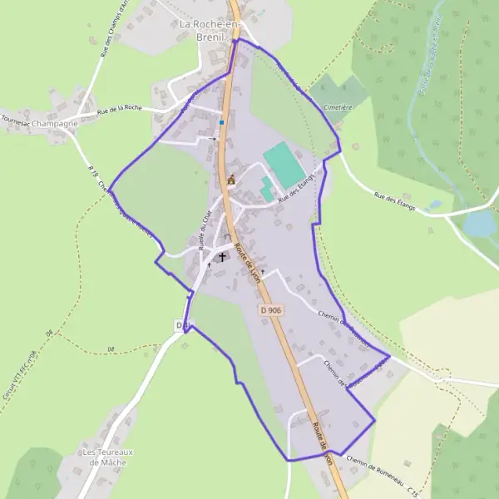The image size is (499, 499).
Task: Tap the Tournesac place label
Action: pyautogui.click(x=16, y=123)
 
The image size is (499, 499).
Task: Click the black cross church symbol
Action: pyautogui.click(x=223, y=256)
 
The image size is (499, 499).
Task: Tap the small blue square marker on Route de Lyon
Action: pyautogui.click(x=222, y=122)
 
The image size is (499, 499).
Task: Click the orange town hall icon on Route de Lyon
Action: pyautogui.click(x=231, y=179)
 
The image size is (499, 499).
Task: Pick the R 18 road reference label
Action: pyautogui.click(x=92, y=171)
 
